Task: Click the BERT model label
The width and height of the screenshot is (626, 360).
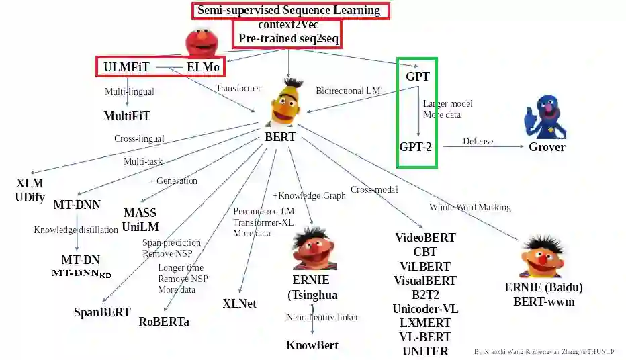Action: pos(281,138)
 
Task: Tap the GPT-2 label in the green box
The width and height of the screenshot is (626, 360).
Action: pos(415,146)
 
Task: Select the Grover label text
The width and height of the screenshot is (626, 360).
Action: pos(547,146)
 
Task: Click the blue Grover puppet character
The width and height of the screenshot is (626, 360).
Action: pos(544,115)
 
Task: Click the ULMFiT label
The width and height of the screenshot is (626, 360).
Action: pos(126,67)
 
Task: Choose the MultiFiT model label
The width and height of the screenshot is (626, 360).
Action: pos(127,116)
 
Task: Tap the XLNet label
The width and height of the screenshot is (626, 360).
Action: pos(239,303)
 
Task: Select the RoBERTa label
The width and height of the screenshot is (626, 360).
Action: pos(164,321)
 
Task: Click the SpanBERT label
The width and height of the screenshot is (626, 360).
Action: pos(102,312)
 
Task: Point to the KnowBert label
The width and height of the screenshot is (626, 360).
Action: pos(312,345)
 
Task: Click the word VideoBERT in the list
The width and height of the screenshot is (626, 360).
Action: pos(425,238)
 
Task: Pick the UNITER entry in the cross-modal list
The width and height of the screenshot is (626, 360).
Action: pos(425,351)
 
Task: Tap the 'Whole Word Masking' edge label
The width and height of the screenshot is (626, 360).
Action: pos(470,207)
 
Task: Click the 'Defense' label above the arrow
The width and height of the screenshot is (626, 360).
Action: pos(478,141)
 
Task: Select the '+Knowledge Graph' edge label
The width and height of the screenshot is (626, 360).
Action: pos(309,195)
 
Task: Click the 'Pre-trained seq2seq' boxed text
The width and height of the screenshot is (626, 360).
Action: pos(287,38)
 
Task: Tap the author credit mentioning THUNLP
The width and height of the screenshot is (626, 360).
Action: pos(544,351)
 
